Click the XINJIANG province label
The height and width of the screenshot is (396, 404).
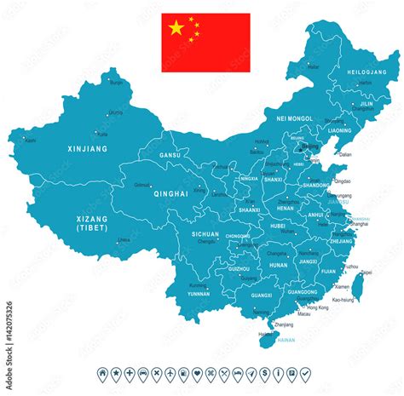(x=87, y=149)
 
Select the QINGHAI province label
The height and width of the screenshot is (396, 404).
(x=170, y=193)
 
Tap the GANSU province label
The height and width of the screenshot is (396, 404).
(x=169, y=156)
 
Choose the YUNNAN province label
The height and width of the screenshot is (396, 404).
(x=198, y=292)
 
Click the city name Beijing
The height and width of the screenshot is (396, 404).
(x=311, y=146)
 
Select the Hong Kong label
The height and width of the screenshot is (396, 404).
(x=317, y=307)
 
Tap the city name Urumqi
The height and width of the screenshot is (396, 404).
(x=117, y=112)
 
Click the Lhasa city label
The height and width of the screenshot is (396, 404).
(x=124, y=240)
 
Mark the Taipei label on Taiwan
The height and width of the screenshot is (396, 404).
(x=366, y=273)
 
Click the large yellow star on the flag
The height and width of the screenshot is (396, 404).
(x=176, y=28)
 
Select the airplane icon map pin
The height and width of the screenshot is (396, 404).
(x=170, y=374)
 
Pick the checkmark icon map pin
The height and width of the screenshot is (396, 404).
(x=304, y=374)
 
